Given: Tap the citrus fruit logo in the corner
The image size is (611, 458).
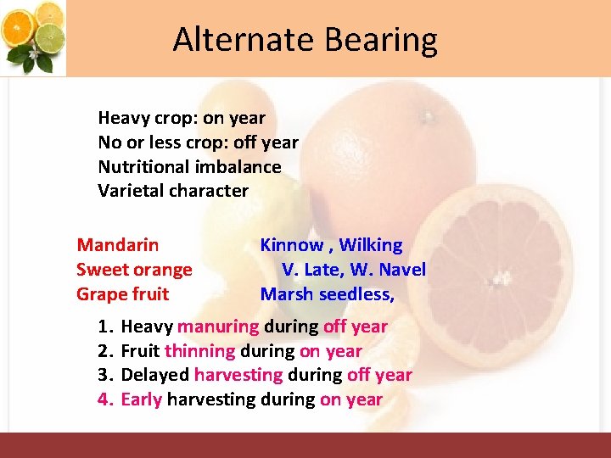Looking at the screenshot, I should (35, 36).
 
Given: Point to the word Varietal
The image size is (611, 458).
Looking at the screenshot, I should (130, 190).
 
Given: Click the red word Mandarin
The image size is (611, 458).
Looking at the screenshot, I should (117, 245).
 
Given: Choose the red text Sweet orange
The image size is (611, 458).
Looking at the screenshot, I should (134, 270).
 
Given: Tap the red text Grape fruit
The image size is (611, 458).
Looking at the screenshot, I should (122, 294).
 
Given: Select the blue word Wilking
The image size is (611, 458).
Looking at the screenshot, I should (371, 245).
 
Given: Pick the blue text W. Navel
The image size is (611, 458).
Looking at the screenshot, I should (389, 270).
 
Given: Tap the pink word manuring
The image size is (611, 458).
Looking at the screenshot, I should (218, 327).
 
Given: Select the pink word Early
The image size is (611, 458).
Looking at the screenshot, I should (142, 399).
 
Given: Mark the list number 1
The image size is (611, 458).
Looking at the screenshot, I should (104, 327).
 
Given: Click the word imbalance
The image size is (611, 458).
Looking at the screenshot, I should (239, 166).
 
